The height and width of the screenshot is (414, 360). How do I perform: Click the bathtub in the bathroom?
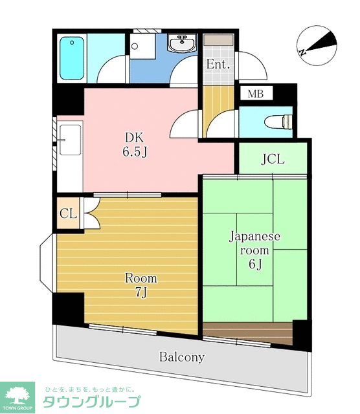[72, 58]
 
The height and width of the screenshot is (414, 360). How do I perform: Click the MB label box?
[256, 94]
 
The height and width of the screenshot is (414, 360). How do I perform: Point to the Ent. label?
[218, 64]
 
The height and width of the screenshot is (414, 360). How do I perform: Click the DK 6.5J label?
[135, 145]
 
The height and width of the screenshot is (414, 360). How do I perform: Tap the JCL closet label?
[273, 159]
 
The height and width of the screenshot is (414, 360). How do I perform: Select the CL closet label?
[68, 213]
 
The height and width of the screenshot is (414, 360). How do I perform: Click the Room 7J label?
[141, 285]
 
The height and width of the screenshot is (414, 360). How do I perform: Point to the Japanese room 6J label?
[254, 250]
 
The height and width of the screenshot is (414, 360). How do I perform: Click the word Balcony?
[182, 357]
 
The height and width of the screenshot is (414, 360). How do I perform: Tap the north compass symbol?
[317, 45]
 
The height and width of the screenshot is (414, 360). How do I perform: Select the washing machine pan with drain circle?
[142, 46]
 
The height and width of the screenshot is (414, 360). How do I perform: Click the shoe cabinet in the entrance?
[218, 40]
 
